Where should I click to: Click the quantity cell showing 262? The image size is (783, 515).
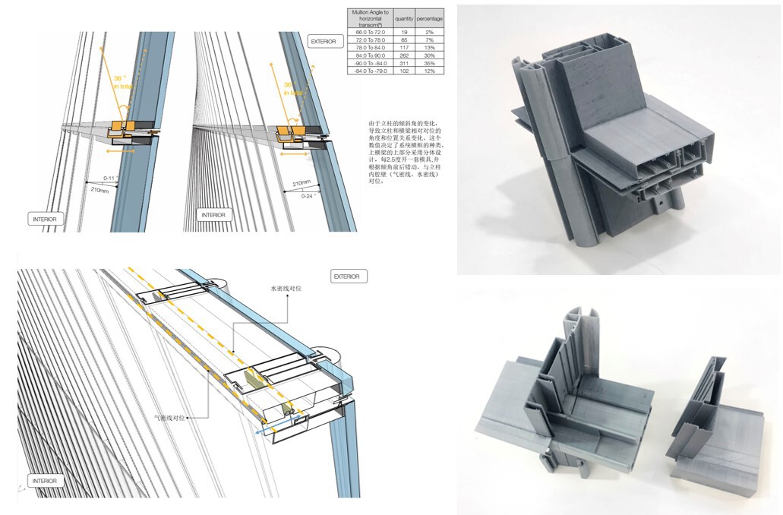coord(404,55)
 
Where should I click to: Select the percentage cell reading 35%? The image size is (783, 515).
coord(429,63)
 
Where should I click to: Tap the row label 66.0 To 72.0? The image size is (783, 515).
coord(370,32)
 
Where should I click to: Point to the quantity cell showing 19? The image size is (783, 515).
coord(404,32)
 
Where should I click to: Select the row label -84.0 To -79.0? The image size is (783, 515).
coord(370,71)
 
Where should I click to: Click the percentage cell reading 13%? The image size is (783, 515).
coord(429,47)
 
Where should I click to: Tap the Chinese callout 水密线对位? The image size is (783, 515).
coord(281,289)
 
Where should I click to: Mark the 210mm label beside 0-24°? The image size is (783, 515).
coord(301,182)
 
